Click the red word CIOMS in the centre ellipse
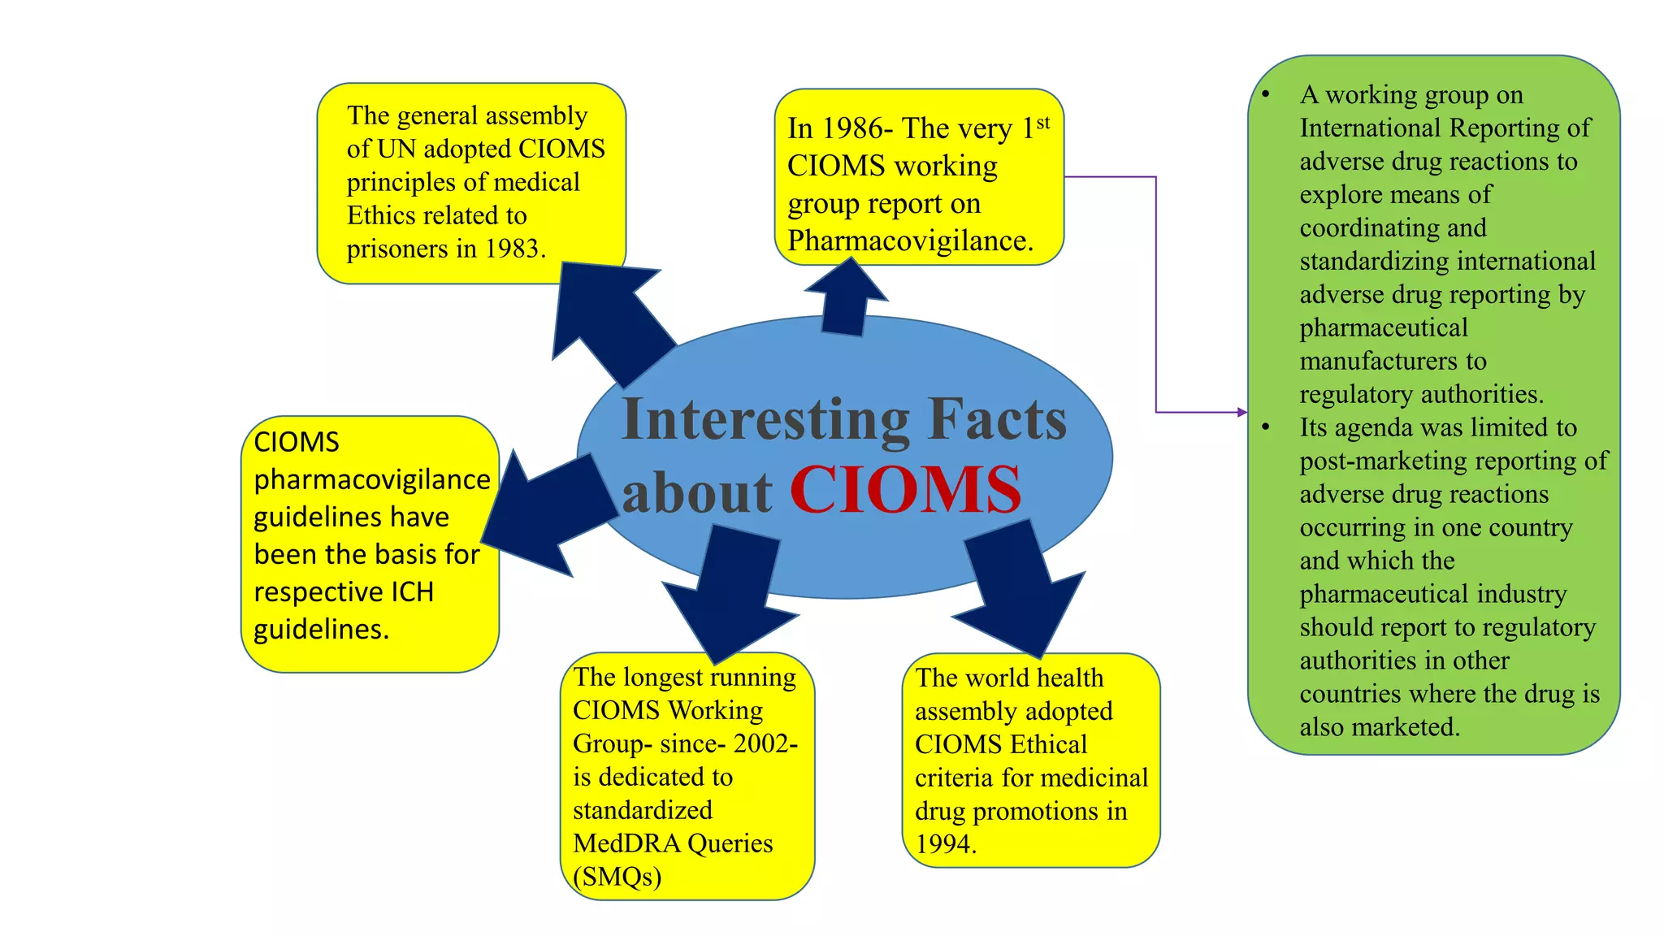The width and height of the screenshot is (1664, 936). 905,490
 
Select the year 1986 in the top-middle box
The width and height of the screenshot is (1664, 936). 852,128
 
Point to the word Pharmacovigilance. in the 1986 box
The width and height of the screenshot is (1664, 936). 910,241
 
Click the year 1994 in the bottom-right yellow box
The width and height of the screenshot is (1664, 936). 945,844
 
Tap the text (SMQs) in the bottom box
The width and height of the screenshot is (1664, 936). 617,877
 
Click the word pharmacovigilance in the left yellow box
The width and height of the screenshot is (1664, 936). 372,479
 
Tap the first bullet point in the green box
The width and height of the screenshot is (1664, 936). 1266,95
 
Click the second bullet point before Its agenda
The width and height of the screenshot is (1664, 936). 1266,427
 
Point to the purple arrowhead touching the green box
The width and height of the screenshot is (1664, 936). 1241,412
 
